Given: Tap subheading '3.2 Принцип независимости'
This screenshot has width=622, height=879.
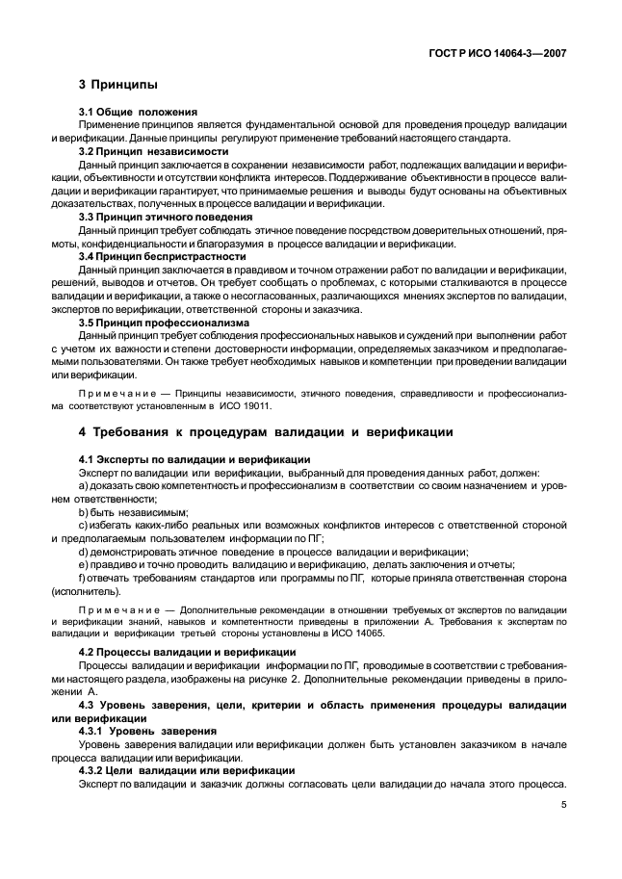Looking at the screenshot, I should [x=153, y=151].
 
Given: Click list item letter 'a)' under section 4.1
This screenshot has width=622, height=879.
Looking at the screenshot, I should [x=85, y=487].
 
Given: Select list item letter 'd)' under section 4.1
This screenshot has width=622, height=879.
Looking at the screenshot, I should [x=85, y=553].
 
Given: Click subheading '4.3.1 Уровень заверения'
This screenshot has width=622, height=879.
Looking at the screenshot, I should [x=148, y=731].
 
